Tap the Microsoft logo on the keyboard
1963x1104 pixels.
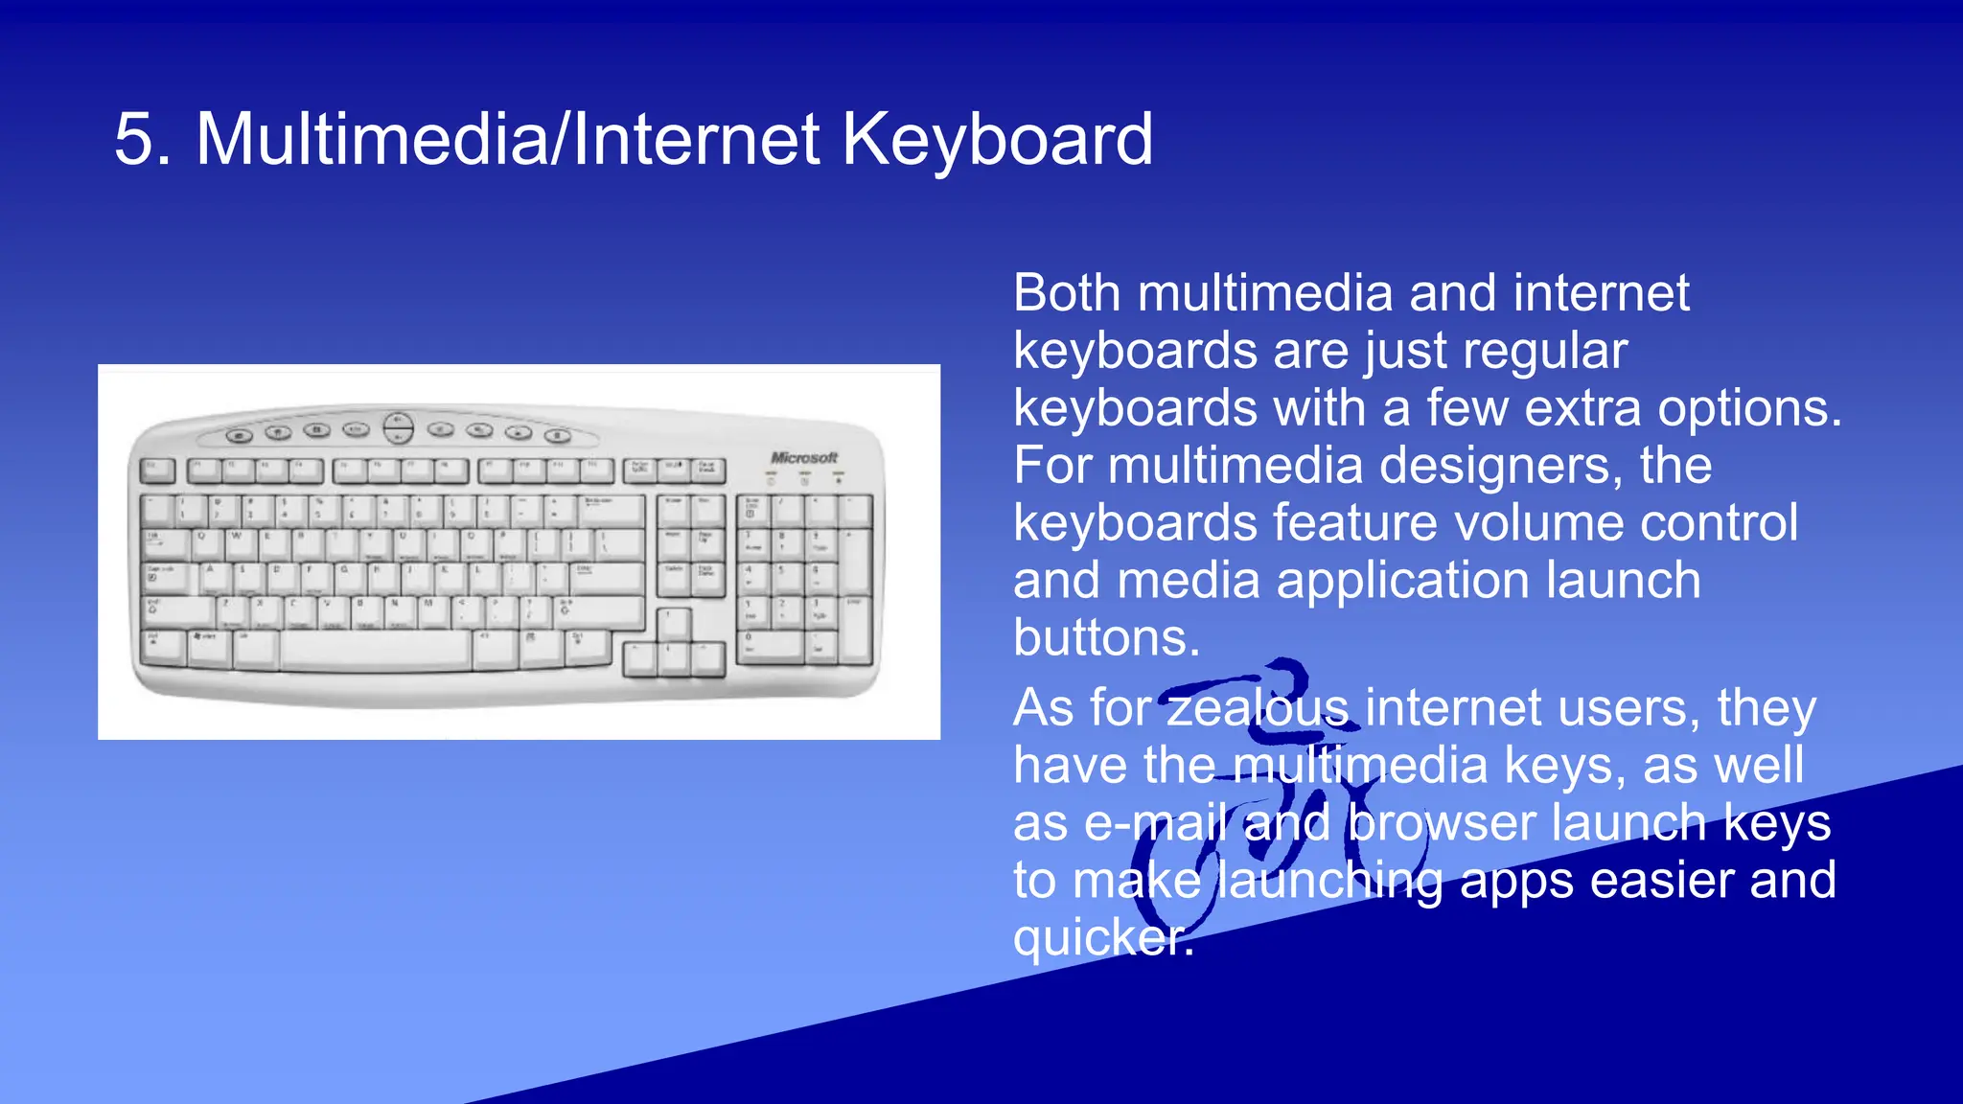(x=803, y=457)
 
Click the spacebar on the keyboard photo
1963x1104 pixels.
(x=376, y=651)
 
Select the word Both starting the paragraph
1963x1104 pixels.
(x=1067, y=293)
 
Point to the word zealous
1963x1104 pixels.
(x=1258, y=709)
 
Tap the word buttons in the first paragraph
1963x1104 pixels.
(x=1106, y=639)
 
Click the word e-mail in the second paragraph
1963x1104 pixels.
(x=1155, y=824)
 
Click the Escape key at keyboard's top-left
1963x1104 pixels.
(x=158, y=470)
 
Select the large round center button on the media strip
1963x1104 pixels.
(x=398, y=427)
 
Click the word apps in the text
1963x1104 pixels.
(x=1515, y=882)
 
